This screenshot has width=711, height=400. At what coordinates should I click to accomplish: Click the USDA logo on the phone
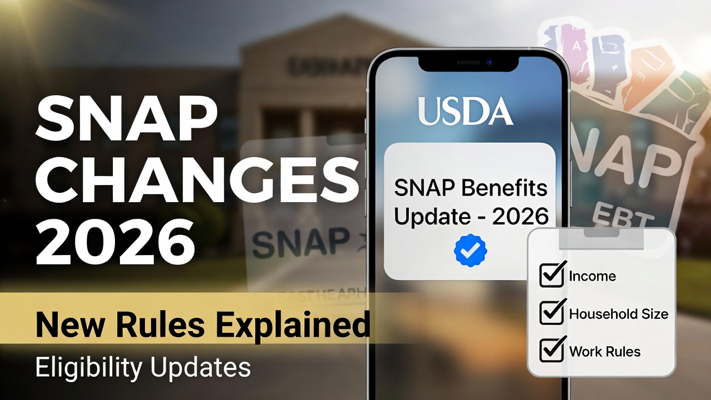465,111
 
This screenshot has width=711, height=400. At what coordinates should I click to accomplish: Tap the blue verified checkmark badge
470,251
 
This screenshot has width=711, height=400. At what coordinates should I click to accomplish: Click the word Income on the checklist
592,276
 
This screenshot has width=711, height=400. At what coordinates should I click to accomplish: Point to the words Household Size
618,314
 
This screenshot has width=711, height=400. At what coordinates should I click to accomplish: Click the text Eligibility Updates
143,367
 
